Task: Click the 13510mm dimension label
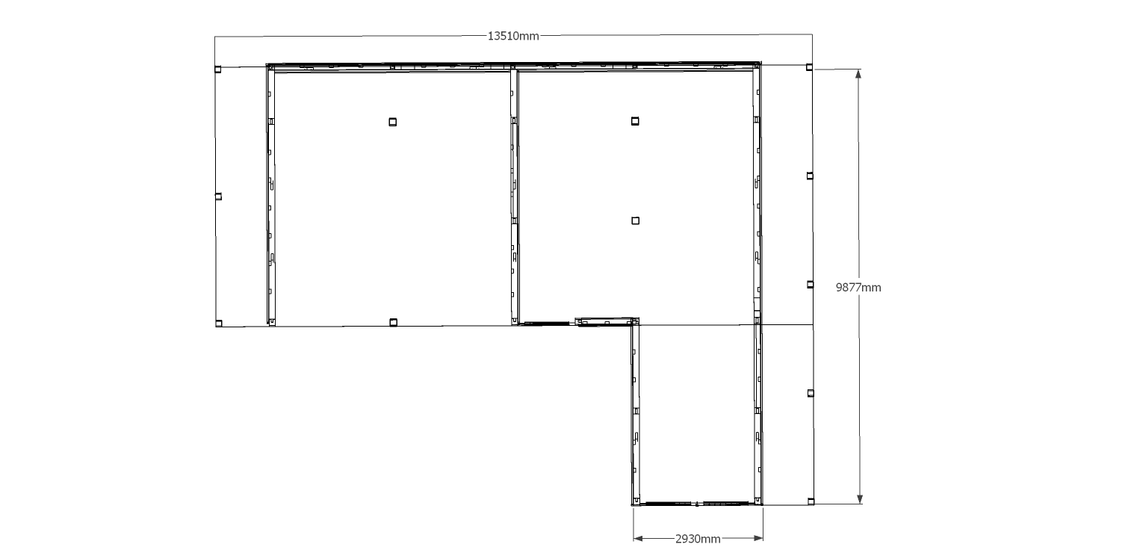click(x=512, y=36)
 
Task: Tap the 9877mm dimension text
click(x=858, y=288)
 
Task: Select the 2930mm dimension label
click(x=698, y=540)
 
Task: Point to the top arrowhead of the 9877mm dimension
click(x=858, y=74)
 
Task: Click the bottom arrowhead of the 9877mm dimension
click(x=860, y=499)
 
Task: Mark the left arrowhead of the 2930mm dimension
click(x=638, y=538)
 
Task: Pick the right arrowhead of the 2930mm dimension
click(x=758, y=538)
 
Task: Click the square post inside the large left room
click(x=393, y=122)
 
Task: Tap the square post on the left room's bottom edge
click(x=394, y=322)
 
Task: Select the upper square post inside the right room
click(x=635, y=121)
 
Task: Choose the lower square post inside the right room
click(x=635, y=220)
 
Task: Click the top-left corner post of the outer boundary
click(x=217, y=70)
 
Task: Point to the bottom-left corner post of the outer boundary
click(x=219, y=324)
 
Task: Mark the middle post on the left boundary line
click(x=218, y=197)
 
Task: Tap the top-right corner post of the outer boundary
click(x=809, y=67)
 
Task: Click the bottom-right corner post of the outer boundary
click(x=811, y=501)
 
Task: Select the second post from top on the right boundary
click(x=810, y=176)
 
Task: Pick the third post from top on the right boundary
click(x=810, y=285)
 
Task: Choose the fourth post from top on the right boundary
click(x=811, y=393)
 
